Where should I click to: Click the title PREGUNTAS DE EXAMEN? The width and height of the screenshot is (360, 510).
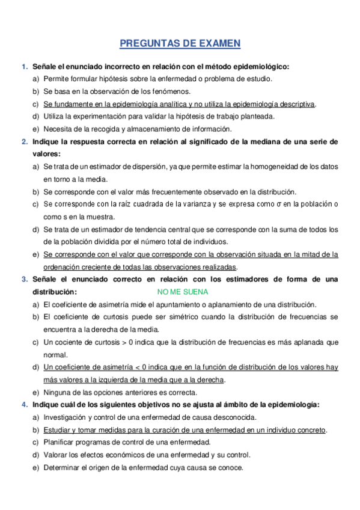pos(180,43)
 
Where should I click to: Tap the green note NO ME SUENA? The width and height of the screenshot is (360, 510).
pos(182,292)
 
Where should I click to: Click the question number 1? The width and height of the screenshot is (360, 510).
pos(23,66)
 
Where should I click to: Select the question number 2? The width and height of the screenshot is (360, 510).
pos(23,142)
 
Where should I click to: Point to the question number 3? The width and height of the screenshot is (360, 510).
pos(23,280)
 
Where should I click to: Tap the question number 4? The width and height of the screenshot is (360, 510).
pos(23,405)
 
